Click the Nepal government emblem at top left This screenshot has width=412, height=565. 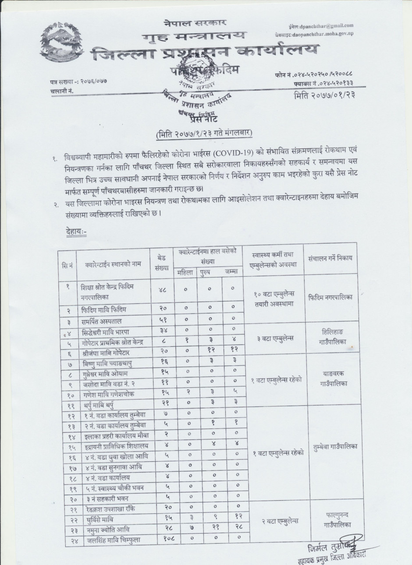point(61,46)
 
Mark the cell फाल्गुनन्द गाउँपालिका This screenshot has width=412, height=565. point(335,520)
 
